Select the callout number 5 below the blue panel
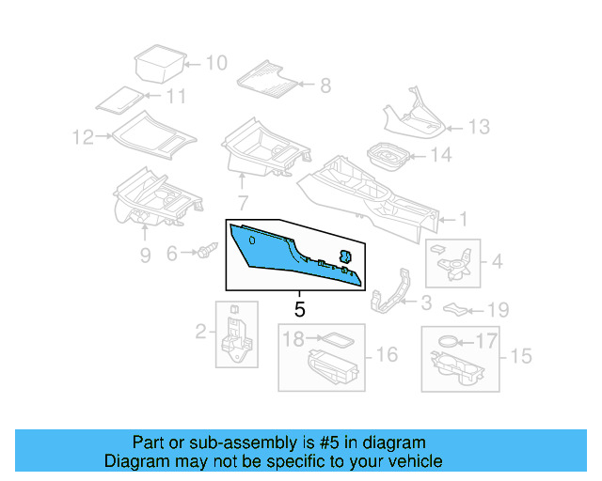(x=300, y=308)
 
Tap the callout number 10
(x=216, y=64)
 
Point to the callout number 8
(x=325, y=86)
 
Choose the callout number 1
(x=463, y=220)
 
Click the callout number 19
(x=498, y=309)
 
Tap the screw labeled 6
(x=208, y=251)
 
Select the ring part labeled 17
(x=450, y=341)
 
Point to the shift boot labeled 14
(x=383, y=155)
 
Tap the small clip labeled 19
(x=456, y=307)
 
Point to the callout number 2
(x=200, y=331)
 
